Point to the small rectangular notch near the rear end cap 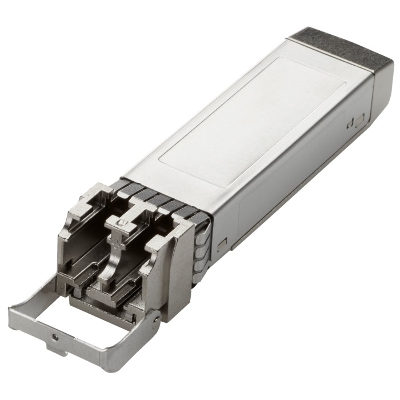pos(359,121)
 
